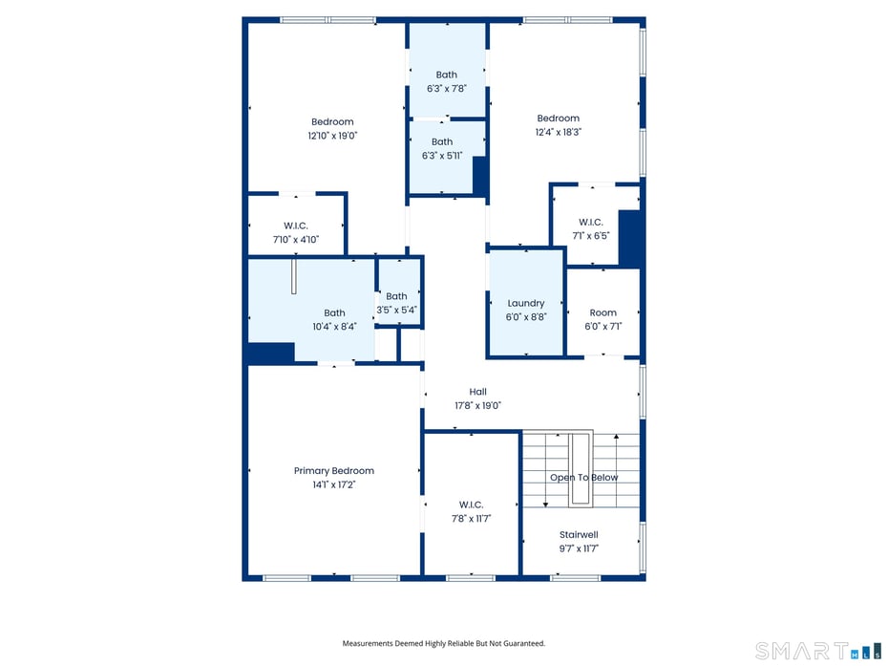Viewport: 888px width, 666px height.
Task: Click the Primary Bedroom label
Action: coord(333,470)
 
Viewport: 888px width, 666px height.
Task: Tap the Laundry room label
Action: coord(525,303)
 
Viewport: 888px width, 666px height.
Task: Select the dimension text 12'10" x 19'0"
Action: coord(332,136)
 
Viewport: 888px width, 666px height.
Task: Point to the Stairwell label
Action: coord(578,534)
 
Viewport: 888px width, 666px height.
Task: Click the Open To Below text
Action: coord(583,477)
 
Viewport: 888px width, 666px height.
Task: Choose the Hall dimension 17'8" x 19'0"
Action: coord(477,405)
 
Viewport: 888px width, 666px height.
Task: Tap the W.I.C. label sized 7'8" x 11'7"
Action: coord(471,505)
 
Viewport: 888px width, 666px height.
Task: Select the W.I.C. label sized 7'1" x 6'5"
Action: coord(590,222)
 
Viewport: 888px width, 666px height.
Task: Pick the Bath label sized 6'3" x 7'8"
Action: coord(446,75)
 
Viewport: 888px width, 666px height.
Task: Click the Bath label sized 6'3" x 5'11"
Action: coord(441,141)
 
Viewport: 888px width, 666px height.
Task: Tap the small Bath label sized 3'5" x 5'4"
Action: coord(396,296)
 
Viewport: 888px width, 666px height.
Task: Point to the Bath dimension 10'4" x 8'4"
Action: coord(334,327)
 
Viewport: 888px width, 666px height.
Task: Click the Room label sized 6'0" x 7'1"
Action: coord(603,312)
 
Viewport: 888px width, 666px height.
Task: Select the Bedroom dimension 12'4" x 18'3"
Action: coord(558,132)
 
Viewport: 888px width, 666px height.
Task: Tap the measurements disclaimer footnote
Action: coord(443,644)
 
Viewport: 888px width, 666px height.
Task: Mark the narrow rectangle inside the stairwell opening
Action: coord(579,467)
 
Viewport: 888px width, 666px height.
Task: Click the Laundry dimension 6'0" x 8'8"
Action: coord(525,317)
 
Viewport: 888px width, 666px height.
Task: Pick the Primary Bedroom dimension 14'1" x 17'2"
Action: coord(333,484)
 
